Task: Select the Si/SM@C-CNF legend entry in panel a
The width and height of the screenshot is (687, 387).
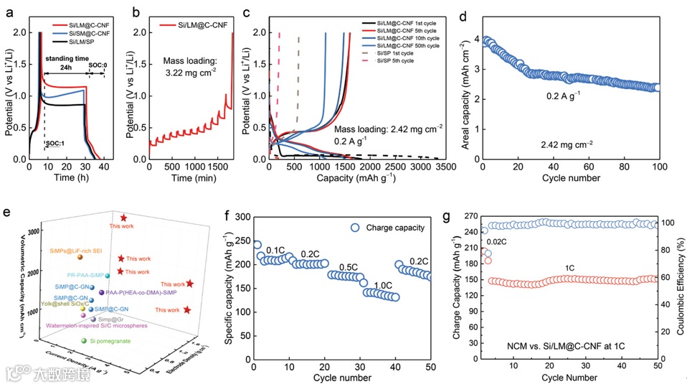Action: tap(85, 33)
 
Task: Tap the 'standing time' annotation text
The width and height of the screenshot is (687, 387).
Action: tap(66, 57)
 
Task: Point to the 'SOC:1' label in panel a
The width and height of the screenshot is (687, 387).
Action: tap(55, 123)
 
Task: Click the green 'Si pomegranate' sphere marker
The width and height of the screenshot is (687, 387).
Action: tap(85, 341)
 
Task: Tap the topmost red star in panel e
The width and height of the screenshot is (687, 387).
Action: tap(124, 218)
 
